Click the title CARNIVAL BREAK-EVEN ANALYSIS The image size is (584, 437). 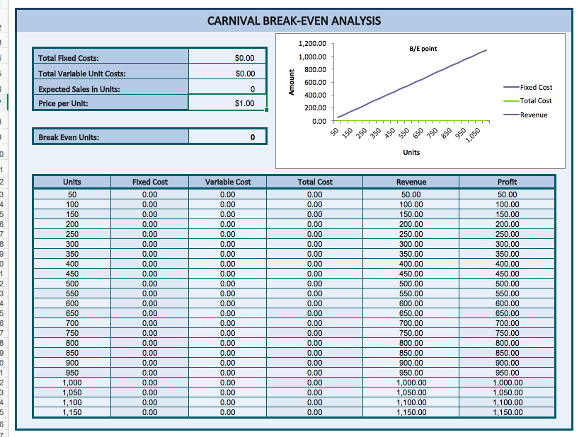click(294, 21)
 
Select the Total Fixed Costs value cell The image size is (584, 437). click(227, 58)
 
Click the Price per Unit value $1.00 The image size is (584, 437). click(227, 104)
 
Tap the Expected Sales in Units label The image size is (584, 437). click(79, 89)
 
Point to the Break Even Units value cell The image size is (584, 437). click(227, 137)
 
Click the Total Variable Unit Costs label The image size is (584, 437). click(82, 74)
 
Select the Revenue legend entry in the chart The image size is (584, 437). click(533, 115)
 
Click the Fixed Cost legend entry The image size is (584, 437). click(536, 87)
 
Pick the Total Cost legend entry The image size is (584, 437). click(535, 101)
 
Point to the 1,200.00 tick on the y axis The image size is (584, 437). click(312, 44)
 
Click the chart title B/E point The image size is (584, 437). click(423, 48)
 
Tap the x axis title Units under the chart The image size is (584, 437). click(411, 152)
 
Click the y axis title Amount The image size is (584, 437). click(290, 82)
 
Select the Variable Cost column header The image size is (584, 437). click(227, 182)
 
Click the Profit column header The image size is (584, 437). click(507, 182)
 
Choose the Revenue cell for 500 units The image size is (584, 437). click(411, 284)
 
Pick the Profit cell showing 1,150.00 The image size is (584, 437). click(507, 412)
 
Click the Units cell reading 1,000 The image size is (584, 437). click(72, 383)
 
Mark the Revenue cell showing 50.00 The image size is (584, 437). click(411, 194)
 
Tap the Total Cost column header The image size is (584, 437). click(315, 182)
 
